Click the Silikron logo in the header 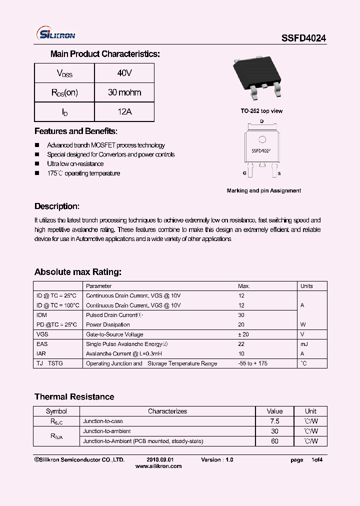[x=56, y=34]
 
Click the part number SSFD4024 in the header [x=304, y=37]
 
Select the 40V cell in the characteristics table [x=124, y=73]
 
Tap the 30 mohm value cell [x=124, y=92]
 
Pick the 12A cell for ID [x=124, y=112]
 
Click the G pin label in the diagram [x=244, y=173]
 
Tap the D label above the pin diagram [x=261, y=121]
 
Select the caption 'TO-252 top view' [x=261, y=111]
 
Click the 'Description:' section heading [x=56, y=206]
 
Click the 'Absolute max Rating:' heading [x=78, y=272]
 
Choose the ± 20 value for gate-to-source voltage [x=243, y=334]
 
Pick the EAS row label [x=42, y=344]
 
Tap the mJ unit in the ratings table [x=304, y=344]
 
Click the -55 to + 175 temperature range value [x=252, y=363]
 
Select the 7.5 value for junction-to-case [x=274, y=421]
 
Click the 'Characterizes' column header [x=167, y=411]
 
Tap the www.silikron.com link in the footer [x=158, y=466]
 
